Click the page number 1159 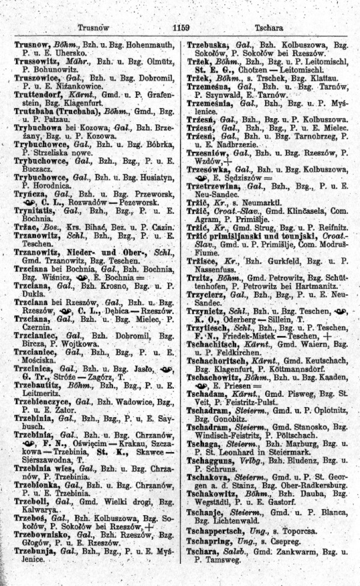(180, 27)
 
